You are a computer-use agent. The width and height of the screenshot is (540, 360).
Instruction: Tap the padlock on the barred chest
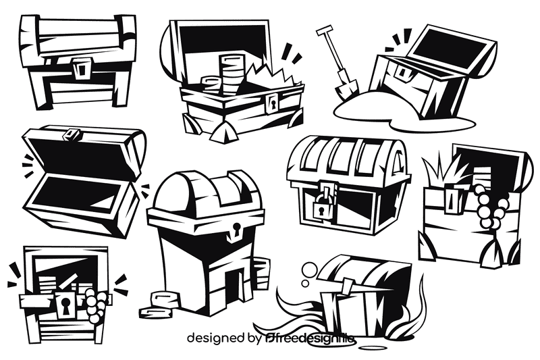(x=322, y=205)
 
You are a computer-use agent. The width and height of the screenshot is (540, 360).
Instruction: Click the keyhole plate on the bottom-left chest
(x=65, y=305)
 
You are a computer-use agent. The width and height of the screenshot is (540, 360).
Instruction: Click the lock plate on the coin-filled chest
(x=273, y=103)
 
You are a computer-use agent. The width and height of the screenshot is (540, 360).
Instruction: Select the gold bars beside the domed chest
(x=159, y=304)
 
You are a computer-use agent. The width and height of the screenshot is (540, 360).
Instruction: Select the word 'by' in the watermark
(x=254, y=337)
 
